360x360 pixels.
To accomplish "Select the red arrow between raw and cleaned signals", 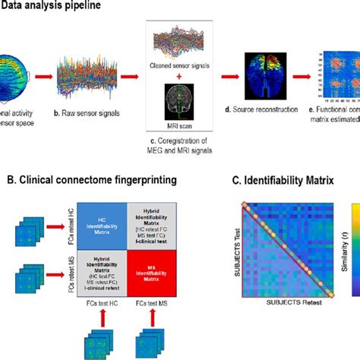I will [x=136, y=76].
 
